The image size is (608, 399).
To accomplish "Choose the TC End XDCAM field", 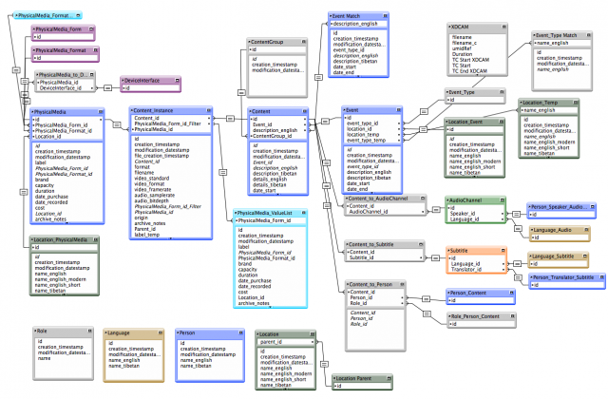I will (473, 70).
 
